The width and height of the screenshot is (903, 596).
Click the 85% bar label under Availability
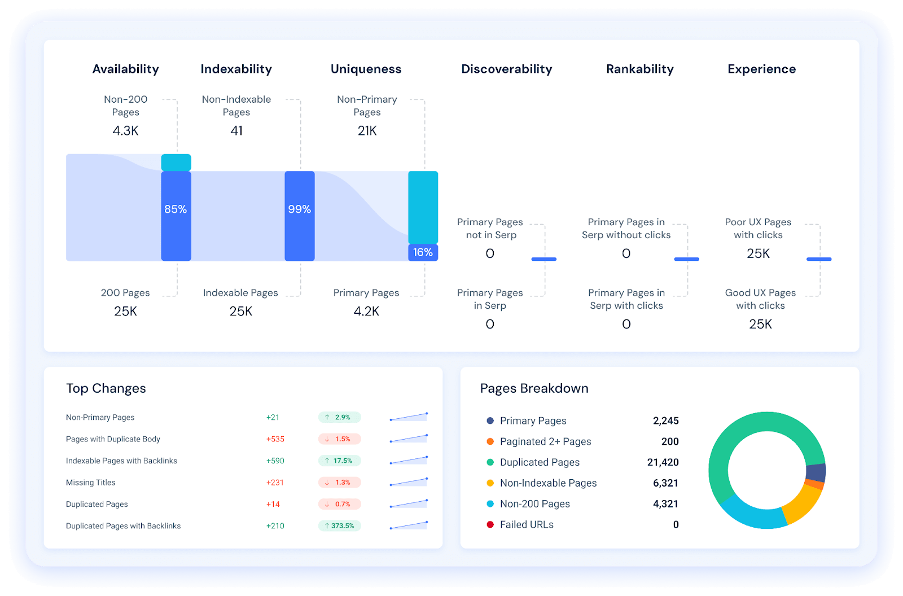pos(176,209)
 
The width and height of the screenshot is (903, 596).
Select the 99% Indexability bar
pos(299,216)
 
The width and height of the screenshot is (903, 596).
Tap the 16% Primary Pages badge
pos(423,252)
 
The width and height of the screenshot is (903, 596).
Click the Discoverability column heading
pos(506,69)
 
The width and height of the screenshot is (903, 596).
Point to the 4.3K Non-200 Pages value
pos(125,131)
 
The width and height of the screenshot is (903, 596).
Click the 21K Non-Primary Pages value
pos(367,131)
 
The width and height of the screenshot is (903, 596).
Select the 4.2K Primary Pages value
pos(366,312)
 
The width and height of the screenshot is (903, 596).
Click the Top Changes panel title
pos(106,388)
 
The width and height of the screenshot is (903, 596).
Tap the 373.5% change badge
pos(340,525)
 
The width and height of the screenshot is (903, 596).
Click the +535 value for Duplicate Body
pos(275,439)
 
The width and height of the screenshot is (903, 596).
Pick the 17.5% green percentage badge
pos(340,461)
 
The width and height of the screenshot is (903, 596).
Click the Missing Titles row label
pos(90,483)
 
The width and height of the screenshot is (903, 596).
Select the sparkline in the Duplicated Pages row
pos(409,503)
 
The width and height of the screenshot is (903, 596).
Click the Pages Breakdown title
pos(534,388)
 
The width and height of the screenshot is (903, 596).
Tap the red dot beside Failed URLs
pos(490,524)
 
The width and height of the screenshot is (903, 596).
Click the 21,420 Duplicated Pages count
pos(663,462)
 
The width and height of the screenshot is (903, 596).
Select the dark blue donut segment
pos(816,472)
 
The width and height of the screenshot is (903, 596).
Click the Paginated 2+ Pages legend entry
pos(545,441)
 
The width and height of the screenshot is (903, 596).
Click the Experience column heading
pos(761,69)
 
